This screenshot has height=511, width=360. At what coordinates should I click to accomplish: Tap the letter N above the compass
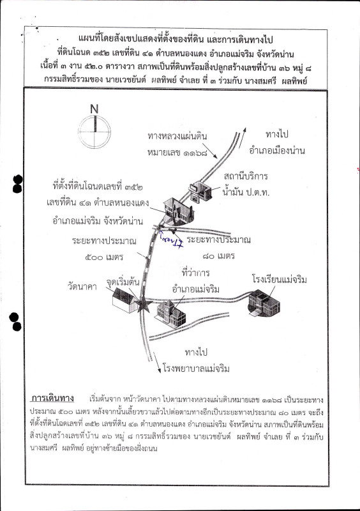point(94,109)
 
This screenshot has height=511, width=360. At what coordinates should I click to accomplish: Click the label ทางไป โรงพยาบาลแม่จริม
point(195,361)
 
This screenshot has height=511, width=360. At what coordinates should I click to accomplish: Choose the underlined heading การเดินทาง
point(54,397)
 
